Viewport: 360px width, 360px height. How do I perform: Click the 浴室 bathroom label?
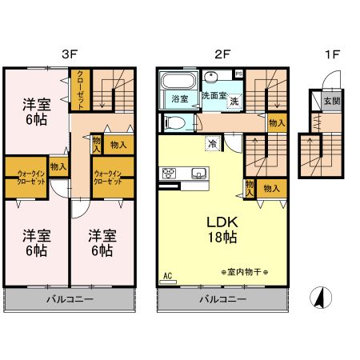point(178,99)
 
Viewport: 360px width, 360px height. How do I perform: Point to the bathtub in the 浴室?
point(178,82)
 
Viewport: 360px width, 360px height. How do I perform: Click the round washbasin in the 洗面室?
point(210,78)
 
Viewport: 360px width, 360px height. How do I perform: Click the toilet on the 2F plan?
point(175,122)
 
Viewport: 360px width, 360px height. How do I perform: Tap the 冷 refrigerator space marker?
point(212,143)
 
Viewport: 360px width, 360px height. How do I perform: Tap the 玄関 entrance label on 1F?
point(330,101)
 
